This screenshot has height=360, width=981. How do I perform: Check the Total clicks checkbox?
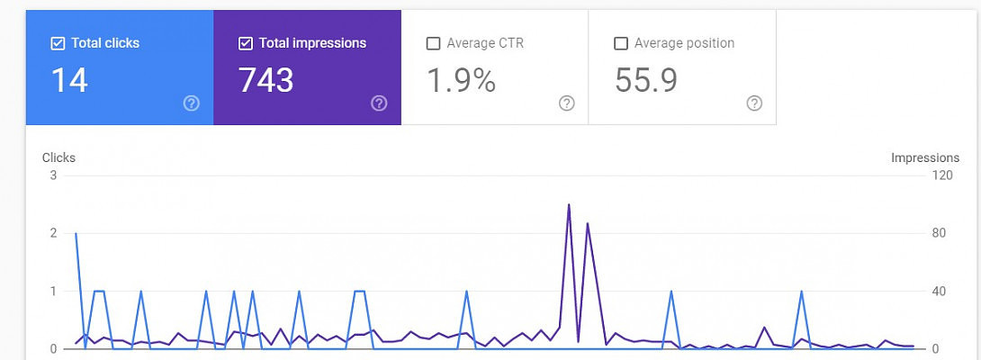(58, 43)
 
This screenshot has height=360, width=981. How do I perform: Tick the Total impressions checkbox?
(246, 43)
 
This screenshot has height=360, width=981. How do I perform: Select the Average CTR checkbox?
(433, 43)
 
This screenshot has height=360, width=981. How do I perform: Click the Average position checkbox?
(620, 43)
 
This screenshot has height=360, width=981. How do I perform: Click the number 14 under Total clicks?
(68, 80)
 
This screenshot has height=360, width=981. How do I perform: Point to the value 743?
(265, 80)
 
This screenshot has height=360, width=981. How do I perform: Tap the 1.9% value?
(461, 80)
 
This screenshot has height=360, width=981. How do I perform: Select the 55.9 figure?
(646, 80)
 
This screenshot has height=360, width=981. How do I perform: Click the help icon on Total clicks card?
(191, 103)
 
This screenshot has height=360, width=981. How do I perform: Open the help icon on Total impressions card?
(379, 103)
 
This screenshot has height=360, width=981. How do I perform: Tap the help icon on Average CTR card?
(566, 103)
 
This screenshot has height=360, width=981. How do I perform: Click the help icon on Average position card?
(754, 103)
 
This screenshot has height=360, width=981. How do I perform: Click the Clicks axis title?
(58, 157)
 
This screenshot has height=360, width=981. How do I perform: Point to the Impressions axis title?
(925, 157)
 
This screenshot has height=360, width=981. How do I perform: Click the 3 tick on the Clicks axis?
(53, 175)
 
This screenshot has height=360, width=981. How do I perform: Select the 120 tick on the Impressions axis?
(942, 175)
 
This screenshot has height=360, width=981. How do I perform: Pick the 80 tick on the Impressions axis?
(939, 233)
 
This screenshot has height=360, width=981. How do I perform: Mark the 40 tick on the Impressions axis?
(939, 291)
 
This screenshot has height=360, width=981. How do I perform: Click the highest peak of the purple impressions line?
(569, 204)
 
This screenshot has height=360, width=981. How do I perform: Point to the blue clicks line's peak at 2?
(76, 233)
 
